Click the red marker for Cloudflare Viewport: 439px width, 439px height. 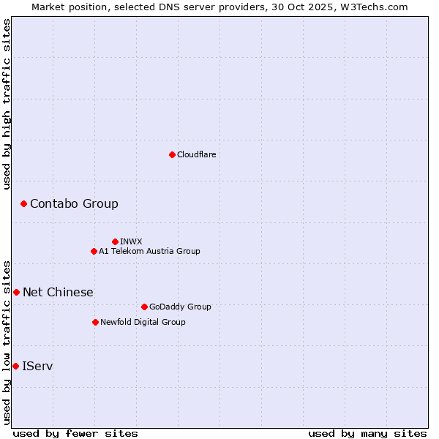click(172, 154)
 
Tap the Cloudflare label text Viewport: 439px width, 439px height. click(196, 154)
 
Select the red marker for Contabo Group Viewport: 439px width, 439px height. click(23, 203)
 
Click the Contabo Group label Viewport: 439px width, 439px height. click(74, 203)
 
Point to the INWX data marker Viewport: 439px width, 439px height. click(115, 241)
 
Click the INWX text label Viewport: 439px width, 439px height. click(131, 241)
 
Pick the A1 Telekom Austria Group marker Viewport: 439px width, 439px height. click(94, 251)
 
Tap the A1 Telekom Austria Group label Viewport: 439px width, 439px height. click(149, 251)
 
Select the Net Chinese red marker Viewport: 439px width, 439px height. click(16, 292)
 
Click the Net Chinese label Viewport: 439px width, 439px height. click(58, 292)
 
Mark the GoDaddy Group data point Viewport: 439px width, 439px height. click(144, 307)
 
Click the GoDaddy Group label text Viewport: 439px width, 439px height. click(179, 307)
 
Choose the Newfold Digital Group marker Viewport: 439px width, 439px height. click(95, 322)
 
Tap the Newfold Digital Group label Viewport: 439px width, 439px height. click(143, 322)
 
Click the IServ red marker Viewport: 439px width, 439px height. click(15, 366)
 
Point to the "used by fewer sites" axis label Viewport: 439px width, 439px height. click(75, 433)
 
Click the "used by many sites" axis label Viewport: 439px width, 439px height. click(367, 433)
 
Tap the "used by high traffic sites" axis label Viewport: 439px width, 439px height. click(7, 104)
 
